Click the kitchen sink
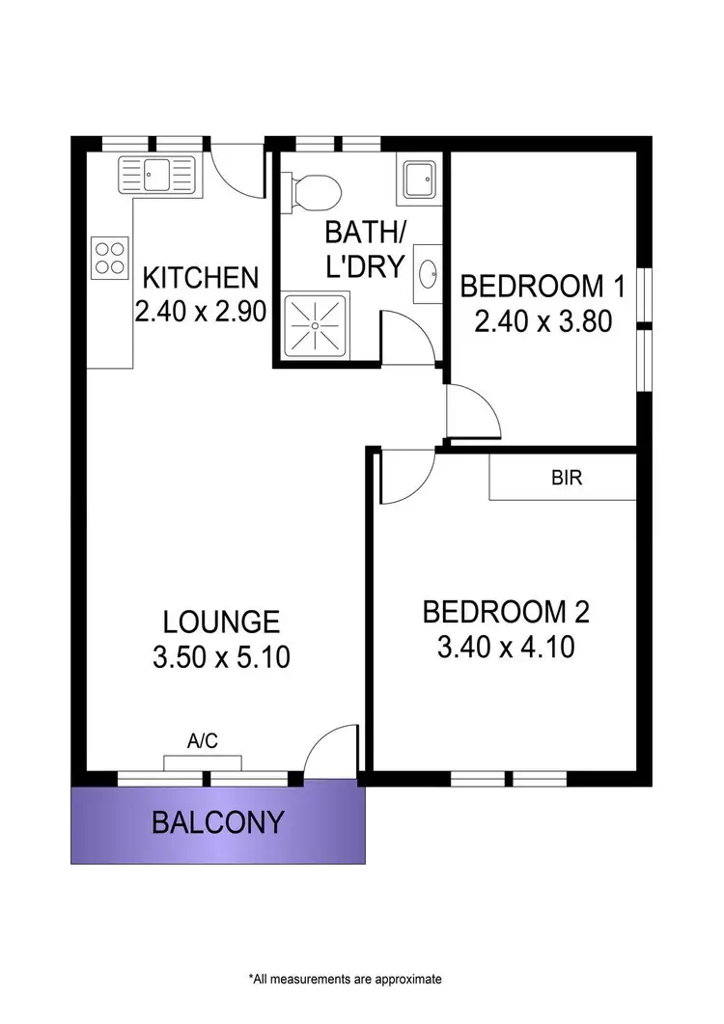pos(155,177)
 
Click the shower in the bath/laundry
pos(314,325)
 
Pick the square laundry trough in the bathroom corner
pos(419,178)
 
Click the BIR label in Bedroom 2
pos(567,478)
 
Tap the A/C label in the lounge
pos(202,741)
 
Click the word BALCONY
pos(218,822)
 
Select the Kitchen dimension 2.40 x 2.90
pos(201,311)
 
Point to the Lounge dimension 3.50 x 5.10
pos(221,658)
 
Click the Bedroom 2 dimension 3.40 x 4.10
pos(506,647)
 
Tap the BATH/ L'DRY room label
pos(363,249)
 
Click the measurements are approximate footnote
pos(345,978)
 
